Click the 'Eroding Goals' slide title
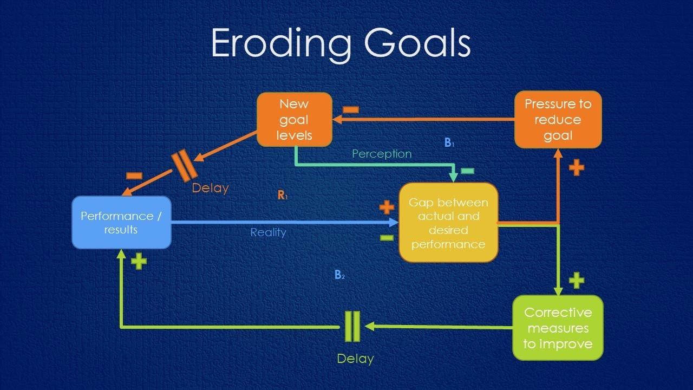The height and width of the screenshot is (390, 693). (x=341, y=43)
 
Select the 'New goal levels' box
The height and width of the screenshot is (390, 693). (x=294, y=119)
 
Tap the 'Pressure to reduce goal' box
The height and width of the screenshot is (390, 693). (x=558, y=119)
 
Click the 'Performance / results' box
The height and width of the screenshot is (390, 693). (x=121, y=223)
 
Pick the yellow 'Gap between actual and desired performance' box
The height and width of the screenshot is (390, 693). (x=448, y=223)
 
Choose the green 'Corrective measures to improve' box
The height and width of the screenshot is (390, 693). (x=558, y=328)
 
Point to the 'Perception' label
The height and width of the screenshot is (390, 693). (x=382, y=154)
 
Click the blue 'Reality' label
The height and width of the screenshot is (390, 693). (x=268, y=233)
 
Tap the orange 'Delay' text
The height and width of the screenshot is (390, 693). (x=211, y=188)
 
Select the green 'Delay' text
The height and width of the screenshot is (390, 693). (x=355, y=359)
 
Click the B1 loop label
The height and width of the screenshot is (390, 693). (x=449, y=143)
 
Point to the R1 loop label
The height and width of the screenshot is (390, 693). (x=283, y=196)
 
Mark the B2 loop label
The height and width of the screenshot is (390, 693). (x=339, y=275)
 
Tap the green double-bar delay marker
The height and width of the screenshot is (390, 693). (x=352, y=326)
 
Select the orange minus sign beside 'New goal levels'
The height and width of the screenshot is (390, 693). (x=350, y=109)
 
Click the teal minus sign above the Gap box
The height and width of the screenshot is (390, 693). (x=467, y=171)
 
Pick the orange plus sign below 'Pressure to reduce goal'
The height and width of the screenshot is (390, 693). (x=577, y=167)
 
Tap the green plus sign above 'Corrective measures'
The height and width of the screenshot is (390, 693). (x=577, y=280)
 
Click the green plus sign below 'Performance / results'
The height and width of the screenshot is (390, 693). (x=139, y=262)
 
